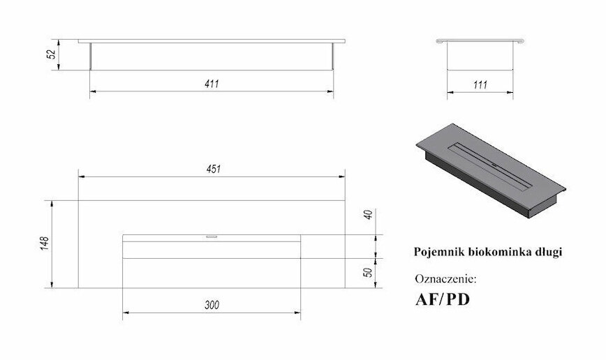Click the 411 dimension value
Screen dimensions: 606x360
(x=212, y=84)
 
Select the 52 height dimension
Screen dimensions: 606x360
(x=52, y=54)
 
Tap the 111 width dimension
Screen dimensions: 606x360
(x=480, y=85)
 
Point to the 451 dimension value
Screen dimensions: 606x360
(x=214, y=169)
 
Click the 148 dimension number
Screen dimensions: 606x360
(x=45, y=243)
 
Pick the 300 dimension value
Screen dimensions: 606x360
(x=212, y=306)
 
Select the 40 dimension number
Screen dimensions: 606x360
(x=369, y=215)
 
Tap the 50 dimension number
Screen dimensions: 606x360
(x=369, y=272)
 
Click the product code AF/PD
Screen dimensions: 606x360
(x=443, y=300)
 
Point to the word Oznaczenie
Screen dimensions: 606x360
(x=445, y=279)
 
